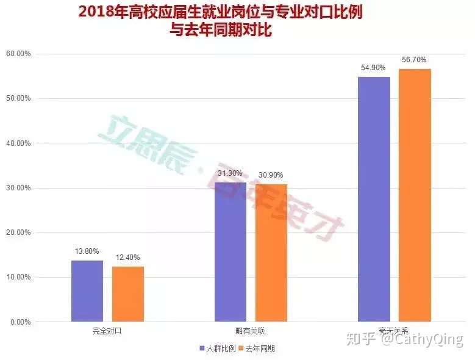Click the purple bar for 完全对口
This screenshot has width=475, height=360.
coord(87,291)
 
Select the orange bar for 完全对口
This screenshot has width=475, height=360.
coord(128,294)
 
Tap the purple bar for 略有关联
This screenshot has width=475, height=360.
coord(230,252)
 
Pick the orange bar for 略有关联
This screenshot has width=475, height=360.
coord(271,253)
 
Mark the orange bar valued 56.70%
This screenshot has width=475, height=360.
coord(415,195)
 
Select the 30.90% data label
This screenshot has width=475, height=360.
coord(270,175)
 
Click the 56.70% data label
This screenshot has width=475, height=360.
coord(414,60)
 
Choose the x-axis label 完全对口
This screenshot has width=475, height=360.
coord(107,331)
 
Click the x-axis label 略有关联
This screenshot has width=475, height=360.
coord(251,331)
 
